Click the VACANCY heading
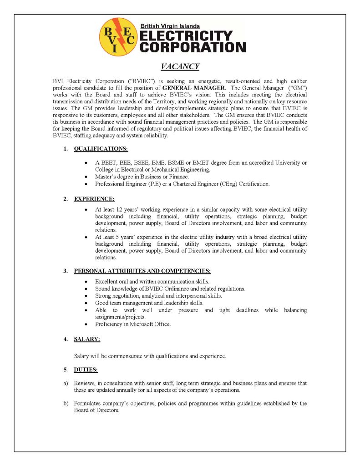coord(180,66)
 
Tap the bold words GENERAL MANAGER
coord(193,87)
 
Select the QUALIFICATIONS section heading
coord(101,149)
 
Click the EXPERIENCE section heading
coord(94,199)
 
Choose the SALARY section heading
coord(87,339)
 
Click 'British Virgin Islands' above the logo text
coord(170,26)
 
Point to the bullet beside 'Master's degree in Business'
coord(86,177)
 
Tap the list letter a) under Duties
coord(66,384)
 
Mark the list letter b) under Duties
coord(66,403)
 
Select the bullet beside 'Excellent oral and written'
coord(86,282)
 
